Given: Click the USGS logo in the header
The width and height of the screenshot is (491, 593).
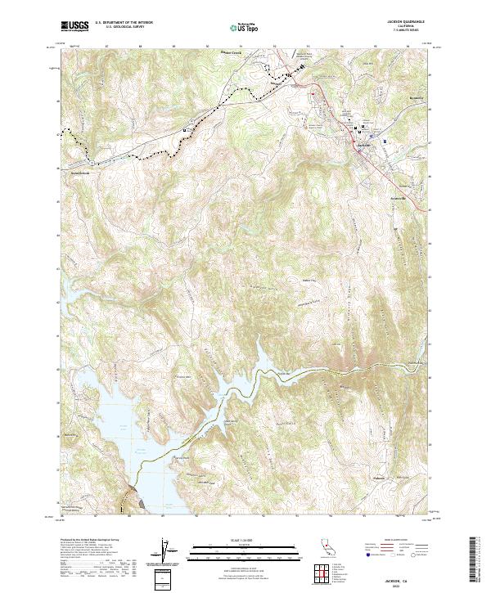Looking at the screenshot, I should (x=74, y=26).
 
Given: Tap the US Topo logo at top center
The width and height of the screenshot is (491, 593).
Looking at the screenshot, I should (x=245, y=27).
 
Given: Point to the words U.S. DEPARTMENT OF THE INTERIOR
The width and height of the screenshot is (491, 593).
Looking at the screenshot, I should (x=124, y=23).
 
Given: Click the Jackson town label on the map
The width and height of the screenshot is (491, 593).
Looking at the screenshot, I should (x=364, y=145).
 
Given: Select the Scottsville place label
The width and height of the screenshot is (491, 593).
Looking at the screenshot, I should (x=399, y=198).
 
